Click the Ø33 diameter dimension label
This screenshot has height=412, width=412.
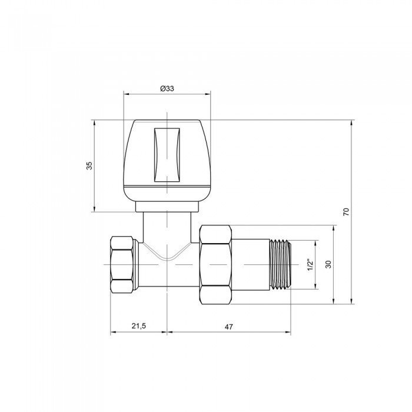[167, 88]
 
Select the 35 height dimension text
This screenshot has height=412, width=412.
[89, 166]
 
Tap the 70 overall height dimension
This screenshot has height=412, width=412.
[347, 212]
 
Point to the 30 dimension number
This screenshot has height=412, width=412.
[328, 265]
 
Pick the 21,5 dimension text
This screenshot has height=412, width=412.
[139, 326]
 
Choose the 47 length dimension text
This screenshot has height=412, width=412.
[229, 326]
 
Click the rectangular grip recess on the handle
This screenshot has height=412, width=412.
[167, 154]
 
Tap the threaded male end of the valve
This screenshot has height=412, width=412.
[280, 264]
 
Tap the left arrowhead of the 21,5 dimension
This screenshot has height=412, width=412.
[113, 333]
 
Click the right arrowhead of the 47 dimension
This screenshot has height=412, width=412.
[288, 333]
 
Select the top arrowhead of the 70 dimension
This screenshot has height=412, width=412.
[352, 122]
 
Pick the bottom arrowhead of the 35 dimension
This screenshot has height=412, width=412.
[94, 210]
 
